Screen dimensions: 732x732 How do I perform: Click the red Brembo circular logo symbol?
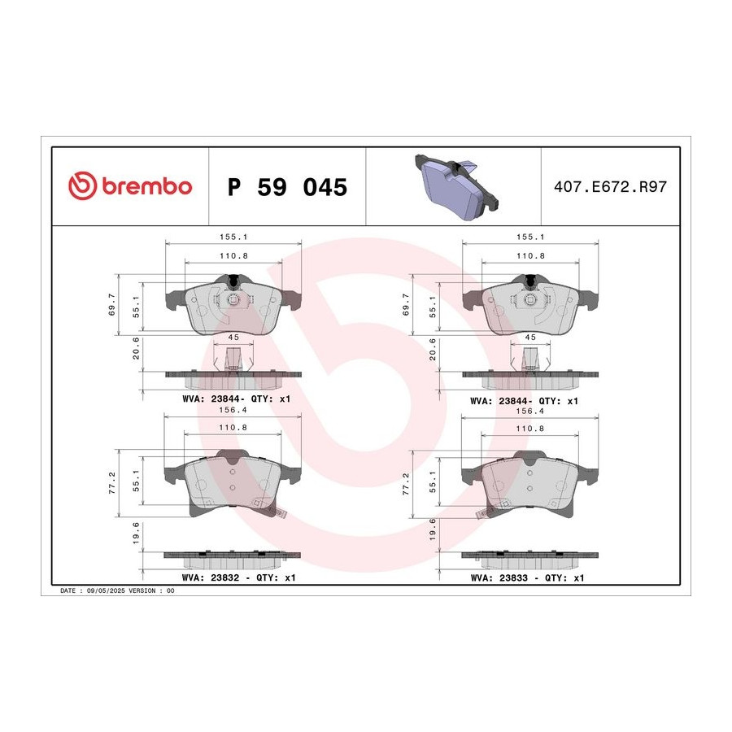click(83, 185)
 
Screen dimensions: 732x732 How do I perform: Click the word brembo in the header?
click(147, 186)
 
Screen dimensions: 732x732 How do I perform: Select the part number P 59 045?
click(287, 187)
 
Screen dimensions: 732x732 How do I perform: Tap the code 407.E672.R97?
click(610, 187)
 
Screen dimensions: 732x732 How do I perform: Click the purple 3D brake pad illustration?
click(456, 186)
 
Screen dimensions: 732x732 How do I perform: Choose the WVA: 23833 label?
click(499, 578)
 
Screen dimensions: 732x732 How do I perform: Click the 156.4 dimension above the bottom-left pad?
click(233, 410)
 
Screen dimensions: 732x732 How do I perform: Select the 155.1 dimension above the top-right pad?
click(529, 237)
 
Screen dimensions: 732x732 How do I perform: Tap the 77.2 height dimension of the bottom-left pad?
click(112, 482)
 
